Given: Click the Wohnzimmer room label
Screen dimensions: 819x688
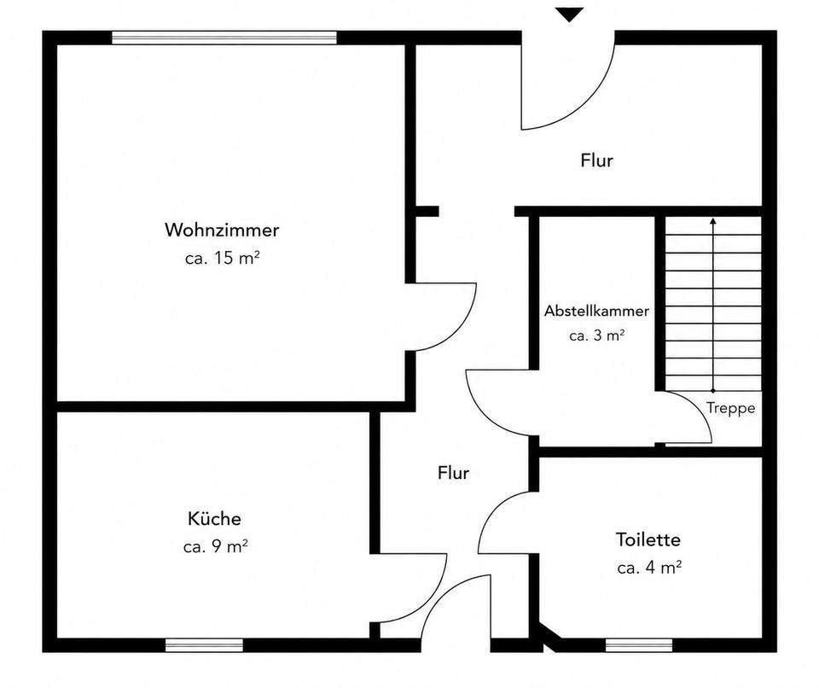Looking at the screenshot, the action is click(x=222, y=230).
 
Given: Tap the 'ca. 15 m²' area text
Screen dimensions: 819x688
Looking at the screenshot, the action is click(x=223, y=258).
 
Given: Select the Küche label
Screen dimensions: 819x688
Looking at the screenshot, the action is click(x=214, y=519).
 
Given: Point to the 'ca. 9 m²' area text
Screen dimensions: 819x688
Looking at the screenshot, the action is click(x=215, y=547).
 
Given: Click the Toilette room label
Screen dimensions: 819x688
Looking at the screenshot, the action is click(x=648, y=539).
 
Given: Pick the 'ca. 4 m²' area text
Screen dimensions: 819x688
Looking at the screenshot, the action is click(x=649, y=568).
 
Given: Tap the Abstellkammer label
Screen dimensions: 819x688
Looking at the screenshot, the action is click(x=596, y=311).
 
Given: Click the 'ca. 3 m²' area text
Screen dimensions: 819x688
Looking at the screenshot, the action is click(x=597, y=335).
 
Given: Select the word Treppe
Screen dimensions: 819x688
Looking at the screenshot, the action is click(x=731, y=408).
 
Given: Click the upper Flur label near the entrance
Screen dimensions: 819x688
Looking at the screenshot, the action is click(x=596, y=160).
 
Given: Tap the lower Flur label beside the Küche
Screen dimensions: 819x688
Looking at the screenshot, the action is click(x=453, y=473).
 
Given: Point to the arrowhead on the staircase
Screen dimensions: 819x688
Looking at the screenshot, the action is click(x=713, y=221).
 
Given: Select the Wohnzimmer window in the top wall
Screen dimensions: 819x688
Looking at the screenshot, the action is click(x=224, y=38).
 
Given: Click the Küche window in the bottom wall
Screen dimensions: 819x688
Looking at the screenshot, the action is click(x=204, y=645).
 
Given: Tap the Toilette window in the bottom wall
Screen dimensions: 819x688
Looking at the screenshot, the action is click(x=639, y=645).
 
